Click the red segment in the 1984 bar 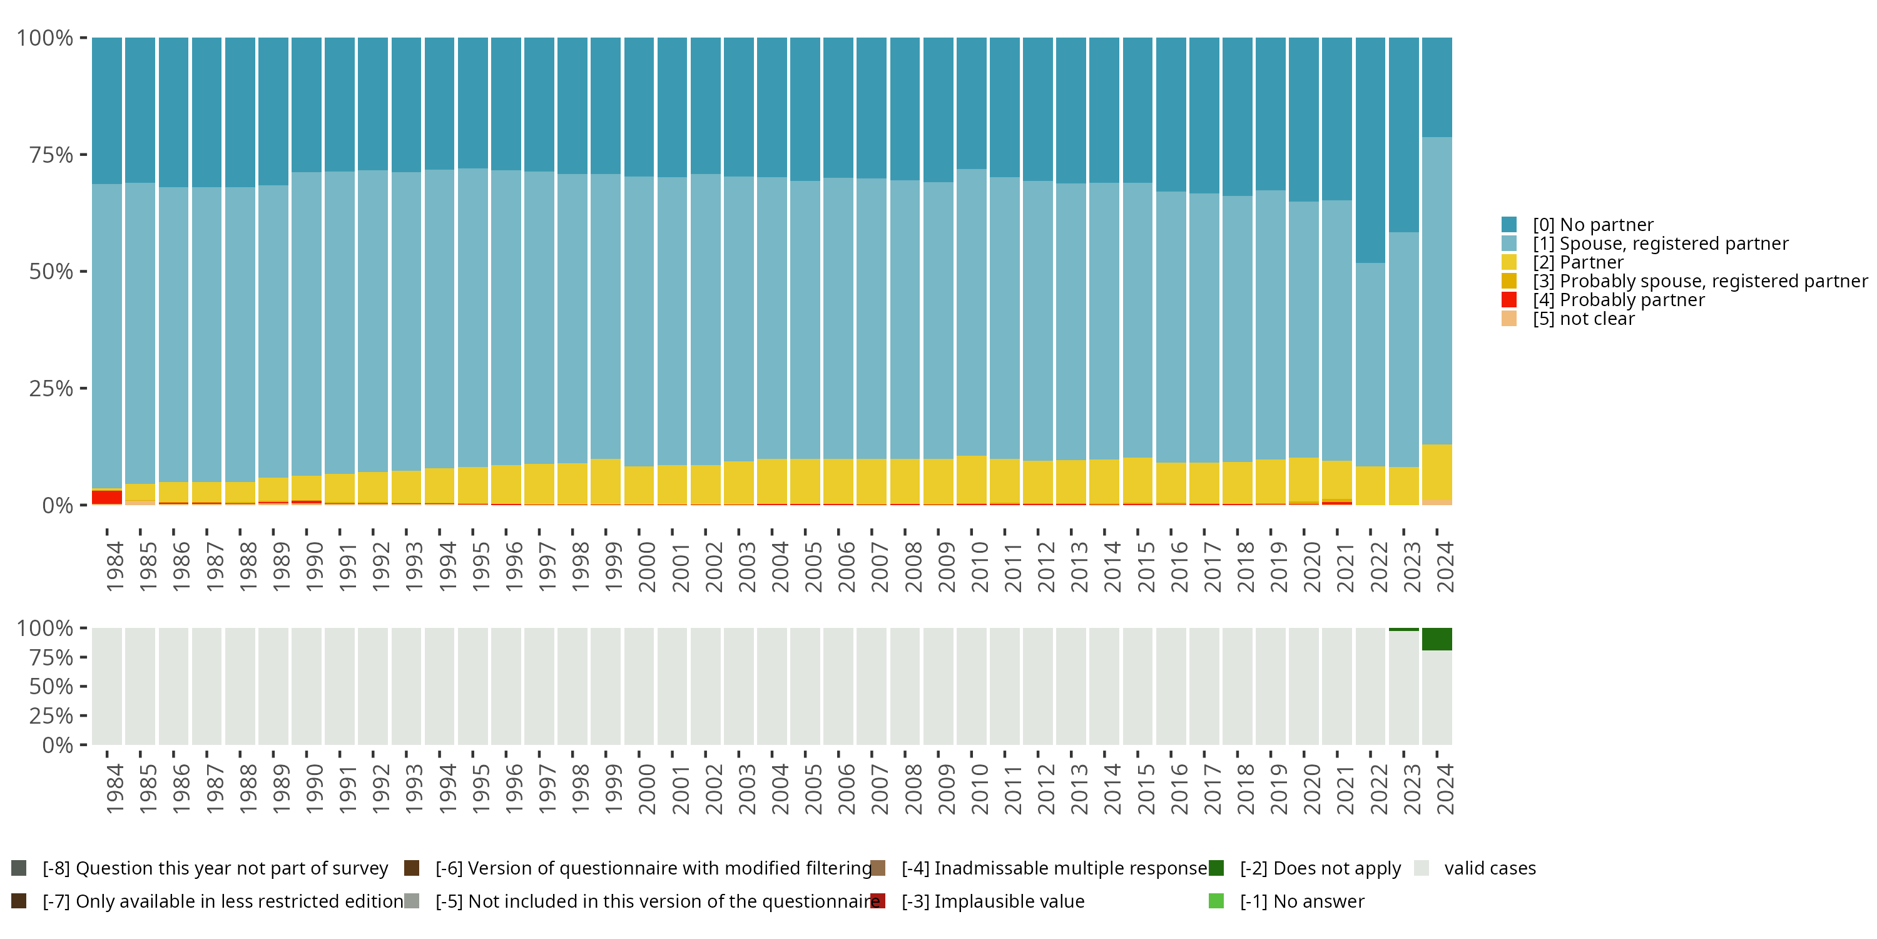(x=106, y=497)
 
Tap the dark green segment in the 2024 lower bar (x=1437, y=639)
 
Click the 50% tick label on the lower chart (x=51, y=687)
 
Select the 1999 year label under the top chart (x=613, y=567)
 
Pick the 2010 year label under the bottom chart (x=979, y=789)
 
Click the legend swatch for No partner (x=1509, y=225)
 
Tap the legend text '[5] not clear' (x=1584, y=319)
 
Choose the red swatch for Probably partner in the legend (x=1509, y=300)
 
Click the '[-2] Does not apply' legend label (x=1320, y=868)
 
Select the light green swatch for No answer (x=1216, y=901)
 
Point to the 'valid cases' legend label (x=1489, y=868)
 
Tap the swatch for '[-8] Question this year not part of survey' (x=19, y=868)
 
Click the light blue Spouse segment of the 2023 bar (x=1403, y=350)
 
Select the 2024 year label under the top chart (x=1444, y=567)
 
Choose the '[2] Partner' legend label (x=1577, y=262)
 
